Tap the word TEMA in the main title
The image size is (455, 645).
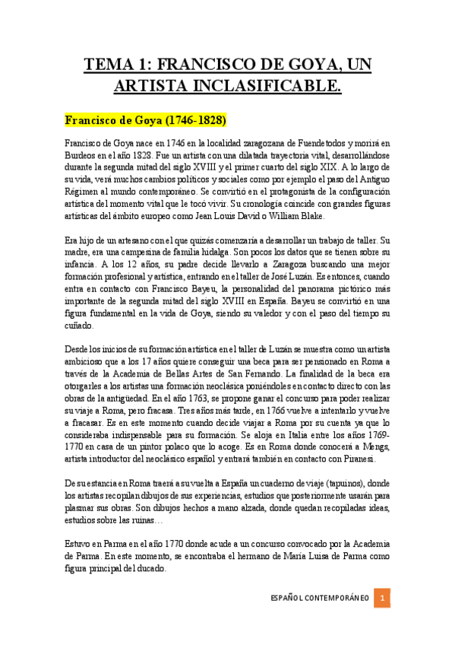(107, 65)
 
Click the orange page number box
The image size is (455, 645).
(384, 598)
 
